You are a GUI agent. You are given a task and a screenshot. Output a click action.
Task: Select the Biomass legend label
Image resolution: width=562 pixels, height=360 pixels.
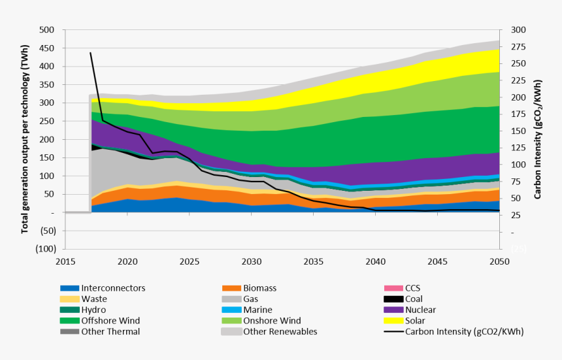coord(259,288)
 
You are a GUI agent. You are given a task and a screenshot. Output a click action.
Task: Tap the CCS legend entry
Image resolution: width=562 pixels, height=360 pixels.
coord(414,288)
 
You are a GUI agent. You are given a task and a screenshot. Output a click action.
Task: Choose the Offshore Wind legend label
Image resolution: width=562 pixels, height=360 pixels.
coord(110,321)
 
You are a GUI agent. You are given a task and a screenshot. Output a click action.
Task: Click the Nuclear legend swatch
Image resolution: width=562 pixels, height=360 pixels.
coord(393,310)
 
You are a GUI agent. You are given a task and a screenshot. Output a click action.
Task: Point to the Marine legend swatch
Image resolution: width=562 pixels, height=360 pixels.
coord(231,310)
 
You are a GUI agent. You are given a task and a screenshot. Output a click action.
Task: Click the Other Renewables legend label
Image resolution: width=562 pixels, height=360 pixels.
coord(280,331)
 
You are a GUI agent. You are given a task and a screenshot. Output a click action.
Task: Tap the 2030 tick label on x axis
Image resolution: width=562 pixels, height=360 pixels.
coord(252,261)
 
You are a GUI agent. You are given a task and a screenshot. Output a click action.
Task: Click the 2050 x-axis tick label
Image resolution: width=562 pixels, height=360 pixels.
coord(500,261)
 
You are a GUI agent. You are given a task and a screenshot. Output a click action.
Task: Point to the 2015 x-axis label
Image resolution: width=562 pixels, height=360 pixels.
coord(65,261)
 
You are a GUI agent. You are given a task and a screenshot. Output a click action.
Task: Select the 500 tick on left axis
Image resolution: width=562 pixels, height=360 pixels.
coord(46,30)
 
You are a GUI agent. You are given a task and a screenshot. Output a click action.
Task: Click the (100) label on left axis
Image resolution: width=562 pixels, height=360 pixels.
coord(45,249)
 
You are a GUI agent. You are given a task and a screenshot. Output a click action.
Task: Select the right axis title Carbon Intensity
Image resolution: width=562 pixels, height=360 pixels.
coord(538,139)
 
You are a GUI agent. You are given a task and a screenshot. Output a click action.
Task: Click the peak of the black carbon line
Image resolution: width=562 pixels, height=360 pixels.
coord(90,52)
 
